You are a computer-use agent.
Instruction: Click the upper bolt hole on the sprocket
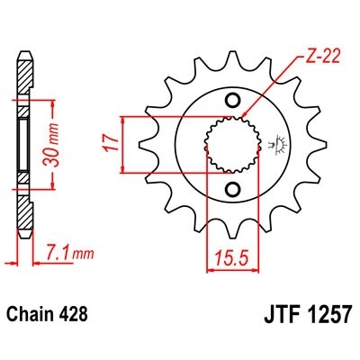pos(232,100)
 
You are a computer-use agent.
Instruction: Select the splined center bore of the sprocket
pos(232,143)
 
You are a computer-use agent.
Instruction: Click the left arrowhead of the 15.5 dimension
pos(211,252)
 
